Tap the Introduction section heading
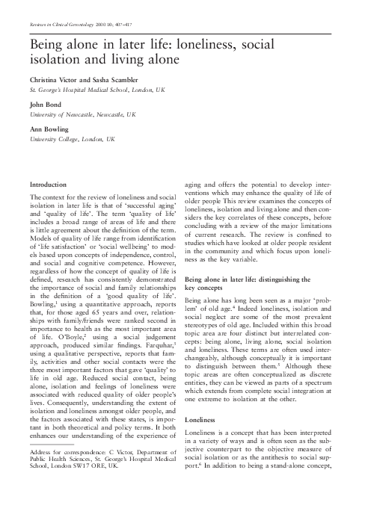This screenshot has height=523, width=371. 48,183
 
